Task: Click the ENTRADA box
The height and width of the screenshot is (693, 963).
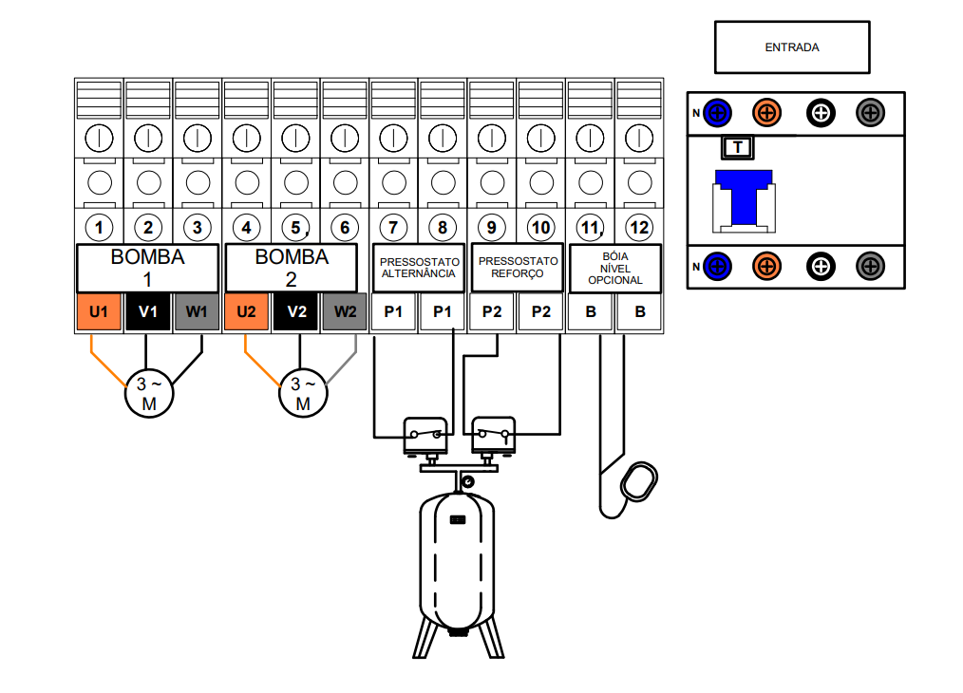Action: coord(791,47)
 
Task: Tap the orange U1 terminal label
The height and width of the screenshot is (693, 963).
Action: coord(99,311)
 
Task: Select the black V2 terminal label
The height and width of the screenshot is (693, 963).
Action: coord(295,311)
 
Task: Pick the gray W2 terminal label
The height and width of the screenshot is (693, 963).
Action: coord(345,311)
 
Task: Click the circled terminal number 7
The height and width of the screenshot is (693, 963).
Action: coord(394,228)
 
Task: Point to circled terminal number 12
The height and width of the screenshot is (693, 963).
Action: coord(640,228)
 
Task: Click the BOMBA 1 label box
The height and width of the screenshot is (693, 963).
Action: coord(147,269)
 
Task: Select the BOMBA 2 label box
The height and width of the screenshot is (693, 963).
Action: coord(293,269)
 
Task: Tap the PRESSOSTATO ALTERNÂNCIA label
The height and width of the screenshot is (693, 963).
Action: coord(419,268)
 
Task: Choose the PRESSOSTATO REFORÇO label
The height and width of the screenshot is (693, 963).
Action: coord(518,267)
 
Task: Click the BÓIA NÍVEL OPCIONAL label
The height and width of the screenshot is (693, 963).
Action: coord(615,268)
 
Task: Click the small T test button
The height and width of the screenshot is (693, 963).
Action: coord(738,148)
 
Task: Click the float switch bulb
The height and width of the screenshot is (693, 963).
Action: coord(640,480)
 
